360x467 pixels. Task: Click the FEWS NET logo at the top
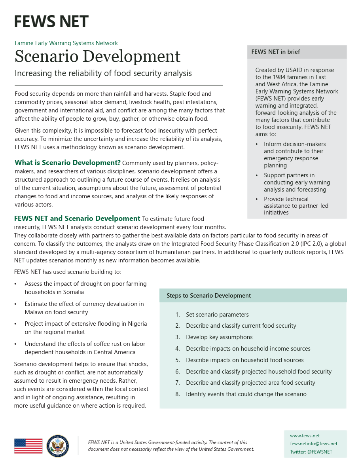(x=51, y=21)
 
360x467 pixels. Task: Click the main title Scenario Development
(x=97, y=56)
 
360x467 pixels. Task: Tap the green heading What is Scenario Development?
(x=68, y=163)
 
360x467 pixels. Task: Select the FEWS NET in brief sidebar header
(x=276, y=52)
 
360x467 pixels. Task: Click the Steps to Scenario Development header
(x=208, y=296)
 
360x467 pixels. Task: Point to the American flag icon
(x=28, y=446)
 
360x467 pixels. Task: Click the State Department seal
(x=58, y=446)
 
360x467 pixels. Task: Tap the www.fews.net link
(x=305, y=436)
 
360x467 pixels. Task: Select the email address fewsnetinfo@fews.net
(x=313, y=444)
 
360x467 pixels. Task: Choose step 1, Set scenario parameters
(x=217, y=315)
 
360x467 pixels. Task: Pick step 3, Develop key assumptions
(x=219, y=337)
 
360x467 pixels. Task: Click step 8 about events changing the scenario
(x=246, y=394)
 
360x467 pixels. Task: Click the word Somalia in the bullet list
(x=74, y=292)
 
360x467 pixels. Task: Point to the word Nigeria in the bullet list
(x=137, y=324)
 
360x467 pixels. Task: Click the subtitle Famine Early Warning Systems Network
(x=66, y=43)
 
